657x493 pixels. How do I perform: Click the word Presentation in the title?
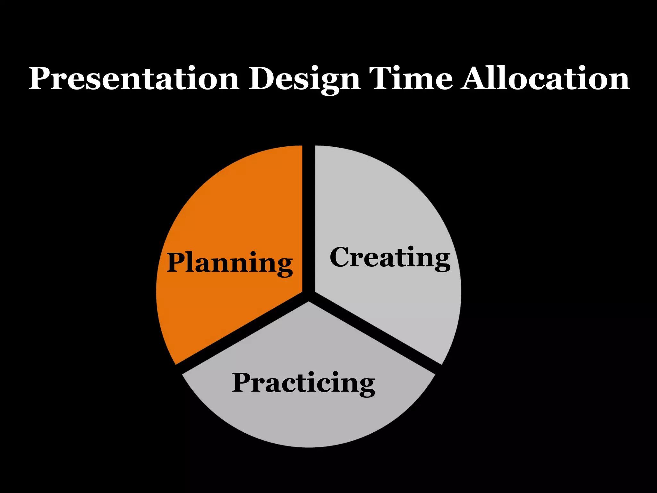coord(134,79)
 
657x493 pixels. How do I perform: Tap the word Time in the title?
coord(411,79)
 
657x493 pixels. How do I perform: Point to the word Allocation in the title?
coord(545,79)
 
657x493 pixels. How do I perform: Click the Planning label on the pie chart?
coord(229,263)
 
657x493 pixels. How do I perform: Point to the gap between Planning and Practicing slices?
coord(241,334)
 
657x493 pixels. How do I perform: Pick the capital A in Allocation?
coord(475,79)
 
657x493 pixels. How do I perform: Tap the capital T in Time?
coord(382,79)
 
